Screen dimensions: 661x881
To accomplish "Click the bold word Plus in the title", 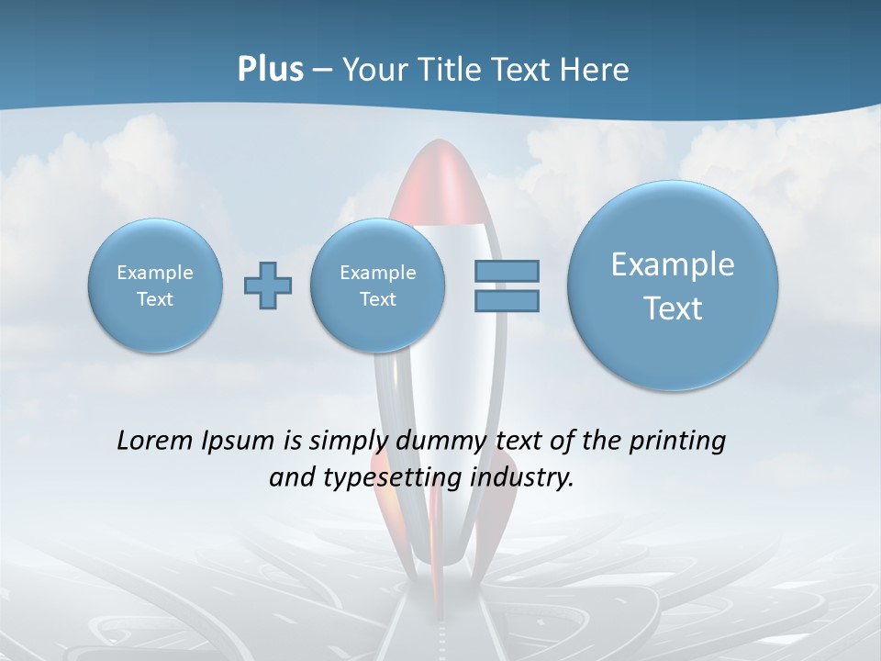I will coord(270,70).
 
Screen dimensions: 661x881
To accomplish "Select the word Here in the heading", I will coord(596,70).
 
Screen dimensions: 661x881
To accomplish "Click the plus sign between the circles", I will coord(268,286).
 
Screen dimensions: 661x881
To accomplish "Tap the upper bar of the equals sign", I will coord(507,271).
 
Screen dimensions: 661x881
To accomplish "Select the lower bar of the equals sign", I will coord(507,300).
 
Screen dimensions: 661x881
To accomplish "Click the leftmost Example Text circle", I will coord(155,286).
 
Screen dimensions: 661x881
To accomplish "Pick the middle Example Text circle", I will coord(377,286).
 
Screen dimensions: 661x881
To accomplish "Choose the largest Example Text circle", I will coord(673,286).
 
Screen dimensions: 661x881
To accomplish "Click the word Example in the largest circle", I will coord(673,264).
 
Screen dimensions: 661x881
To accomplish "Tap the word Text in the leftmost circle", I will coord(155,299).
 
